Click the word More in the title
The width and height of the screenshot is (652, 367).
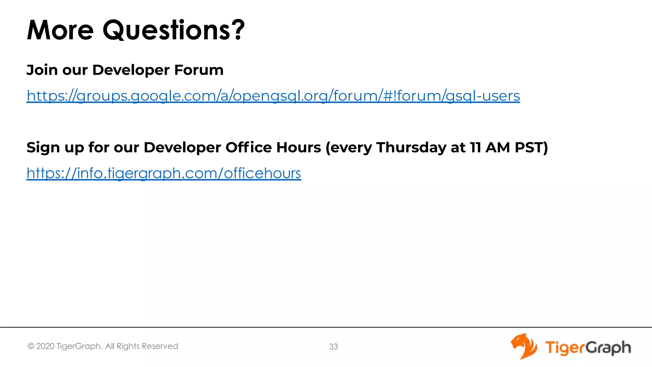[x=60, y=30]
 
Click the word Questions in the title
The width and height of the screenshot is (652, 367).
[x=166, y=30]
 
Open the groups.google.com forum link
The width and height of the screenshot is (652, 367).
[x=273, y=96]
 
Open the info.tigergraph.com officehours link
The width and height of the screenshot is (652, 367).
[x=164, y=173]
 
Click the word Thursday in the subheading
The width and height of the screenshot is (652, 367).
[x=411, y=147]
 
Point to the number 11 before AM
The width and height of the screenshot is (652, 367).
[x=475, y=147]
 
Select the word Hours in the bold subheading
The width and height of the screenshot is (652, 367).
[x=299, y=147]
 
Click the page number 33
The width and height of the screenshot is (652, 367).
[x=333, y=347]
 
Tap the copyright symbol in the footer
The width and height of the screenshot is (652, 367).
[x=31, y=346]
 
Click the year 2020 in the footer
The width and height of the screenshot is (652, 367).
[x=45, y=346]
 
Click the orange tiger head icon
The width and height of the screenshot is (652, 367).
[x=523, y=346]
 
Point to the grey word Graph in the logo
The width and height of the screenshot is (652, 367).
[x=608, y=348]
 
